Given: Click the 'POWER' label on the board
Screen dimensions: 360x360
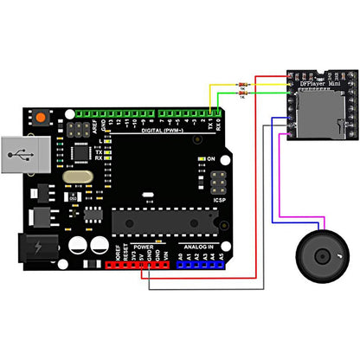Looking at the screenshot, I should tap(144, 247).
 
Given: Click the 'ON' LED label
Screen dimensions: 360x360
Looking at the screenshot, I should tap(210, 159).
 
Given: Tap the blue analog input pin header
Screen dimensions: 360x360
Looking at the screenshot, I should tap(200, 263).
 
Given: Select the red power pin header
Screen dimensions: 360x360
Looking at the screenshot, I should tap(139, 263).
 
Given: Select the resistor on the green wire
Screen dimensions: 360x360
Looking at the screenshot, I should tap(241, 95).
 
